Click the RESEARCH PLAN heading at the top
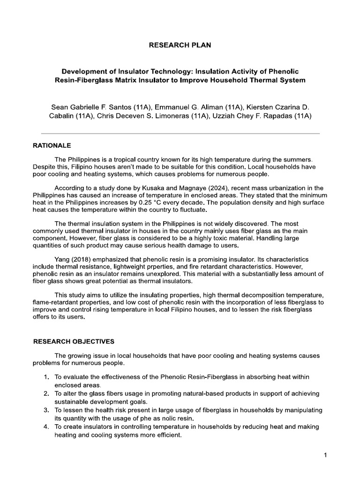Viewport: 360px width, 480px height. click(x=180, y=45)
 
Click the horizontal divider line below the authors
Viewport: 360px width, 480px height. click(x=180, y=134)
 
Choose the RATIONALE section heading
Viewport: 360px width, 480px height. click(x=52, y=146)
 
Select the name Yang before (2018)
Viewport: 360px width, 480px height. click(x=63, y=259)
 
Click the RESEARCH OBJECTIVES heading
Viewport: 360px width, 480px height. click(x=74, y=341)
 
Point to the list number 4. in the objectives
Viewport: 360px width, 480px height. click(x=46, y=427)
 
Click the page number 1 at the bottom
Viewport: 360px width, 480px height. click(x=324, y=455)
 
